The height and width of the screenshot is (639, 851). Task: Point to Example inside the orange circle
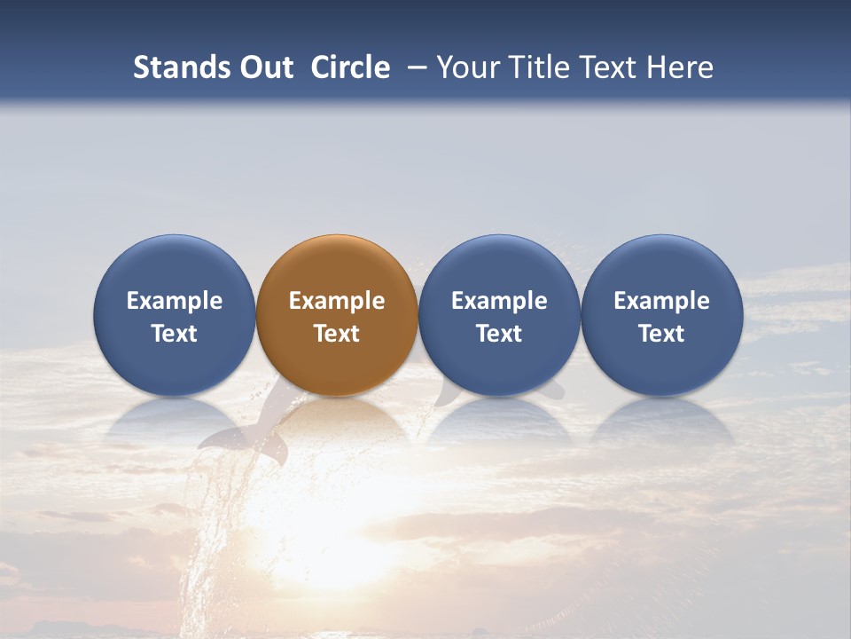337,301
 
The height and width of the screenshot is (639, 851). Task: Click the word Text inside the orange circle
337,334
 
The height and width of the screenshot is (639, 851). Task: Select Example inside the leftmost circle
175,301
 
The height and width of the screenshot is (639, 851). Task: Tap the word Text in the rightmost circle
662,334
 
